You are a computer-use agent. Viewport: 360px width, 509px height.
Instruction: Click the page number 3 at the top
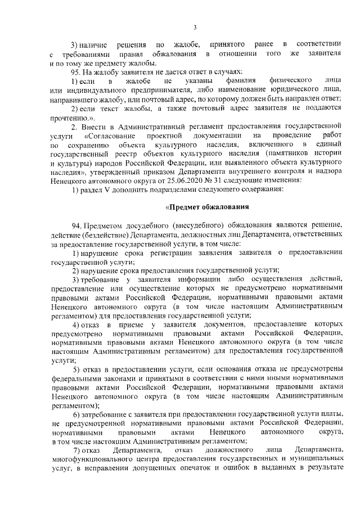coord(194,28)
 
